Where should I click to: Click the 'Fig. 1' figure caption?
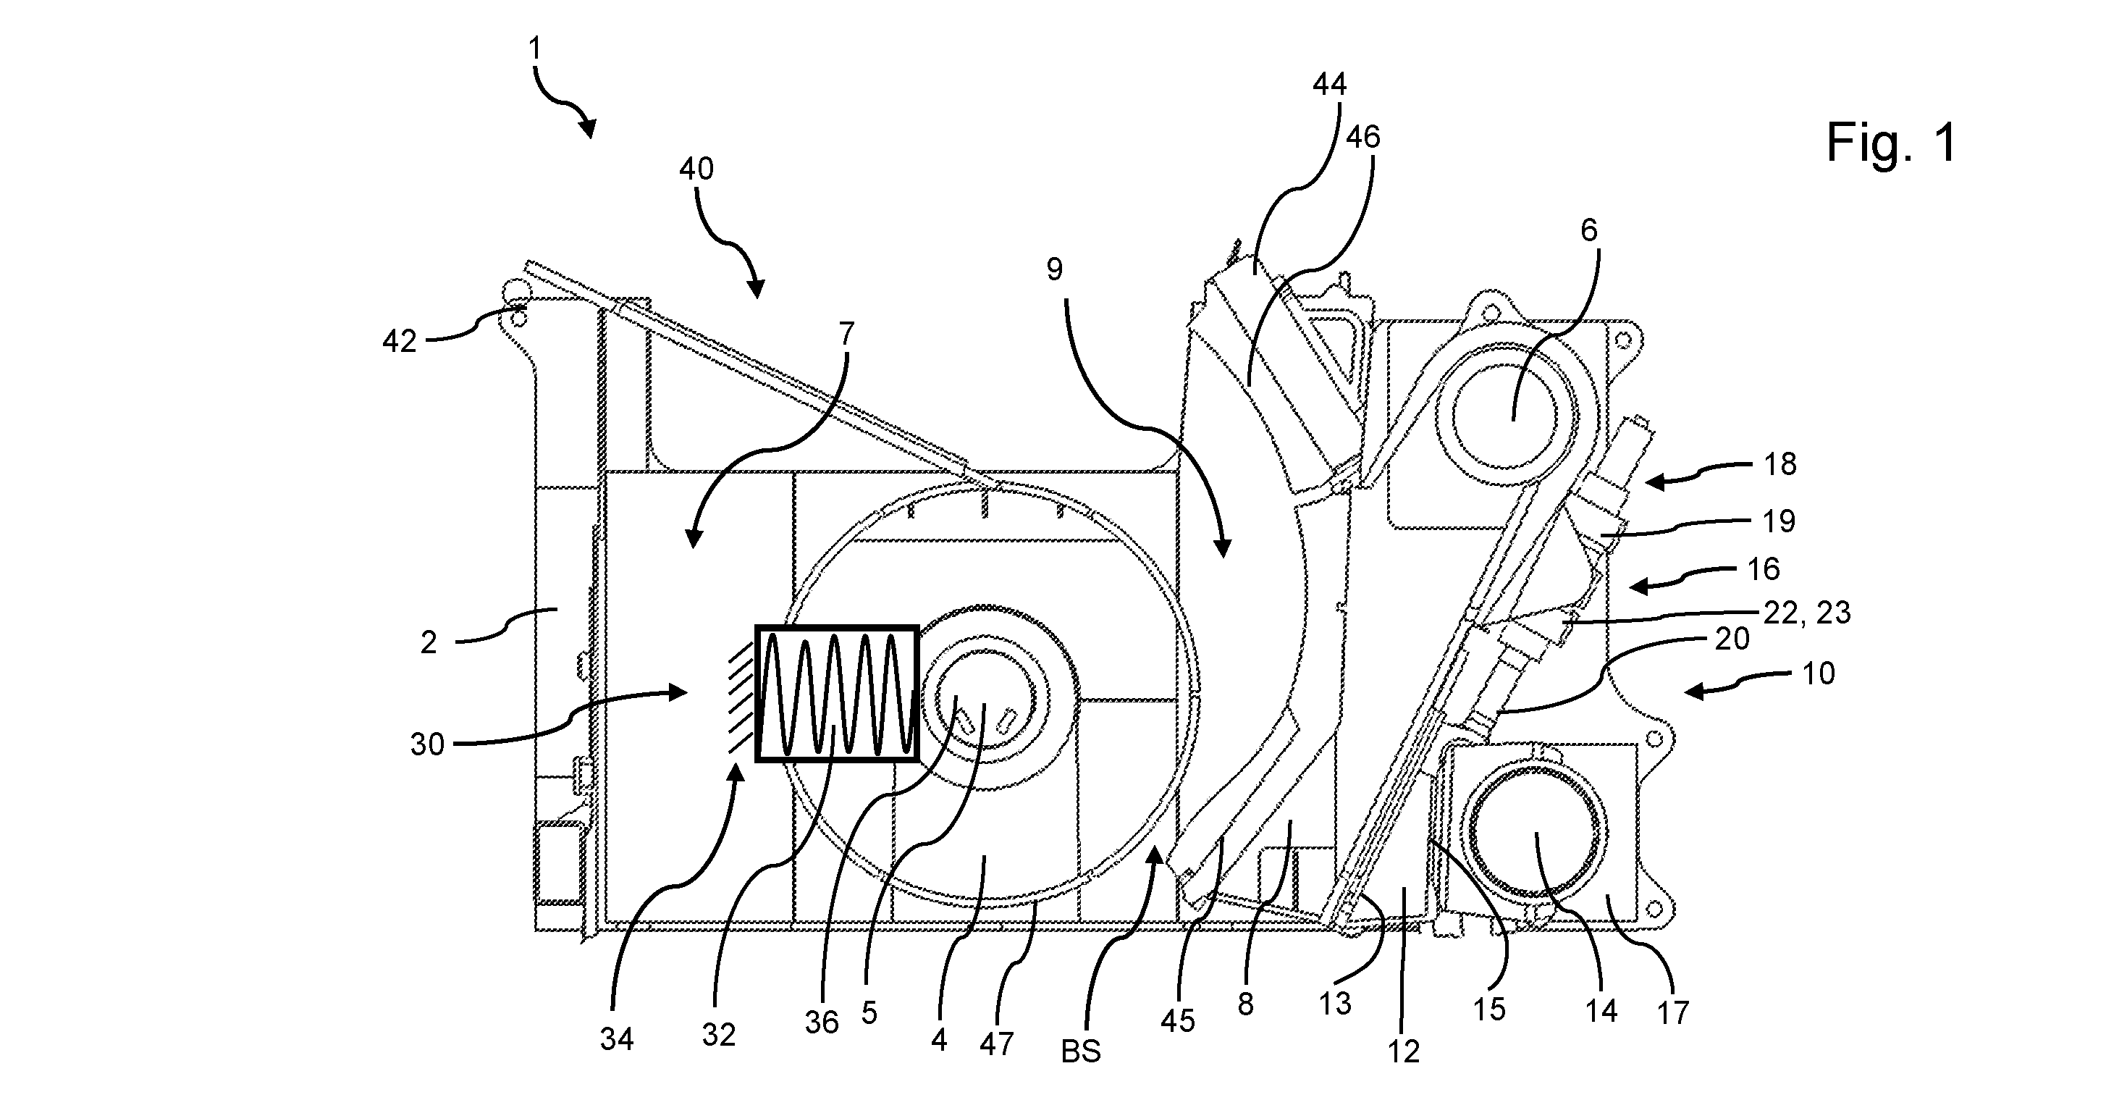pyautogui.click(x=1891, y=143)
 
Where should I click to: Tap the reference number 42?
pyautogui.click(x=399, y=341)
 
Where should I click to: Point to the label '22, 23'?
pyautogui.click(x=1807, y=613)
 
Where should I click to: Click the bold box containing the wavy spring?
pyautogui.click(x=837, y=694)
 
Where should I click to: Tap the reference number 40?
pyautogui.click(x=696, y=169)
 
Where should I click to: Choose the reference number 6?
pyautogui.click(x=1588, y=230)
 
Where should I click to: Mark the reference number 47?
pyautogui.click(x=997, y=1043)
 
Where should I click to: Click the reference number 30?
pyautogui.click(x=426, y=744)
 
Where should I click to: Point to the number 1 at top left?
pyautogui.click(x=535, y=50)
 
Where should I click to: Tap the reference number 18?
pyautogui.click(x=1779, y=463)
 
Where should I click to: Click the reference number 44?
pyautogui.click(x=1329, y=83)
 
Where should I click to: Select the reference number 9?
pyautogui.click(x=1055, y=269)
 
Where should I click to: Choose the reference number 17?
pyautogui.click(x=1672, y=1012)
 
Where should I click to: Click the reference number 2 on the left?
pyautogui.click(x=429, y=643)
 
